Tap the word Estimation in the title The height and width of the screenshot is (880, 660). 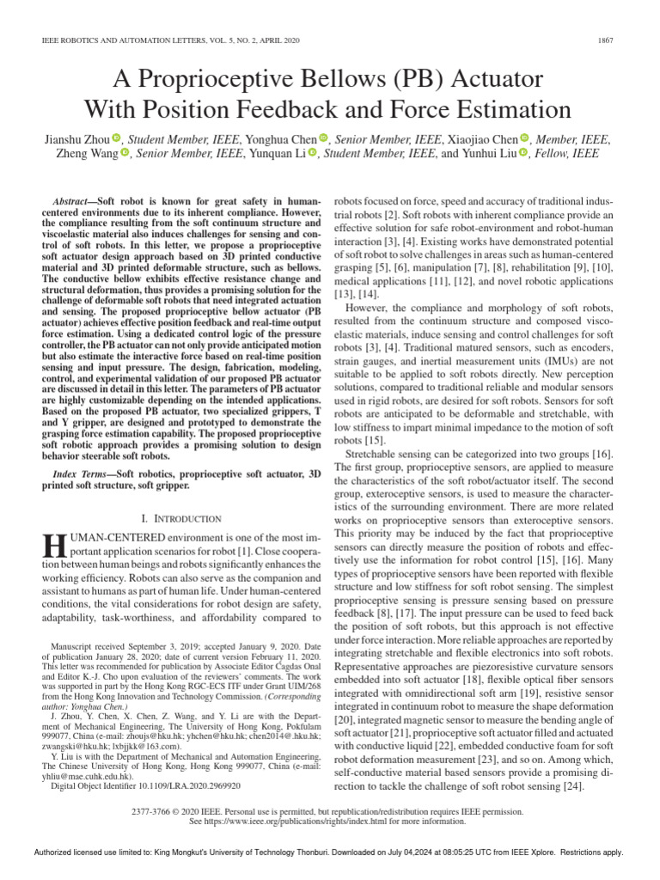[x=498, y=110]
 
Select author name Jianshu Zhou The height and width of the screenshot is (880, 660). [x=75, y=139]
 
